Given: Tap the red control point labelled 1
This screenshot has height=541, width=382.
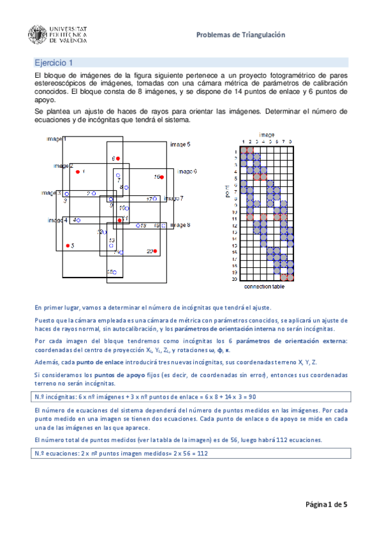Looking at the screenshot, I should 78,172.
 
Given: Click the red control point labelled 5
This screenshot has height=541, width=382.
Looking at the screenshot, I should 66,245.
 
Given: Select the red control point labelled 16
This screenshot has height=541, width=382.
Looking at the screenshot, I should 162,177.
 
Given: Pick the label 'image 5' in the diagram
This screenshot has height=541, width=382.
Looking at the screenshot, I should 179,145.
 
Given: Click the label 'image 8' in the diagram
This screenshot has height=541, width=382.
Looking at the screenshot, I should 180,225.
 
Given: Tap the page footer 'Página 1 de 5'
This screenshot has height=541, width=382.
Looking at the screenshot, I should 327,504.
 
